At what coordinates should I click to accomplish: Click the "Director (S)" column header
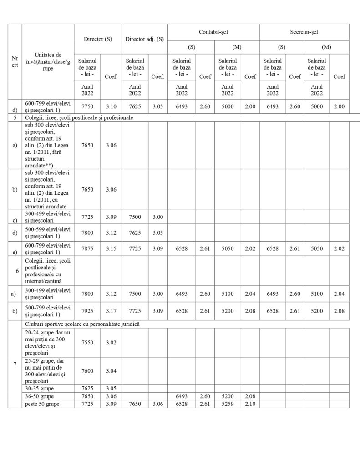[x=98, y=39]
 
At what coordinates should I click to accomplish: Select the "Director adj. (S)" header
[x=144, y=39]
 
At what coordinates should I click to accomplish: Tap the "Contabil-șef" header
[x=213, y=32]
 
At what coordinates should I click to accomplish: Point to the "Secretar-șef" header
[x=304, y=32]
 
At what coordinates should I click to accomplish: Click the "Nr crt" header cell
[x=15, y=61]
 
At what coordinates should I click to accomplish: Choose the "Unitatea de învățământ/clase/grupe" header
[x=48, y=61]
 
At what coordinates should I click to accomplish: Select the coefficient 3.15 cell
[x=111, y=248]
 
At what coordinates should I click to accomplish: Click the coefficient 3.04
[x=111, y=371]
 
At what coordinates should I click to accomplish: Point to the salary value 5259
[x=227, y=404]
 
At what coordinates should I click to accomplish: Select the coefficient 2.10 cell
[x=250, y=404]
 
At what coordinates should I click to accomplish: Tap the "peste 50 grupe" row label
[x=41, y=404]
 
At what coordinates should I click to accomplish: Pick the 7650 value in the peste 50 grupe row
[x=135, y=404]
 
